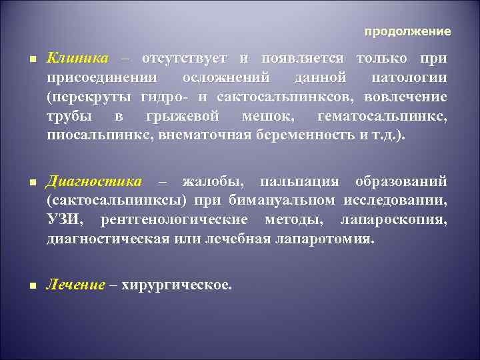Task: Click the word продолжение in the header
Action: (x=407, y=31)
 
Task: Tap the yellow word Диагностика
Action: (x=94, y=181)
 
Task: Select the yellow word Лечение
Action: (x=76, y=285)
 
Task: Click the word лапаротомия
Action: (x=323, y=239)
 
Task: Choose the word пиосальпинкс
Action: (x=88, y=135)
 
